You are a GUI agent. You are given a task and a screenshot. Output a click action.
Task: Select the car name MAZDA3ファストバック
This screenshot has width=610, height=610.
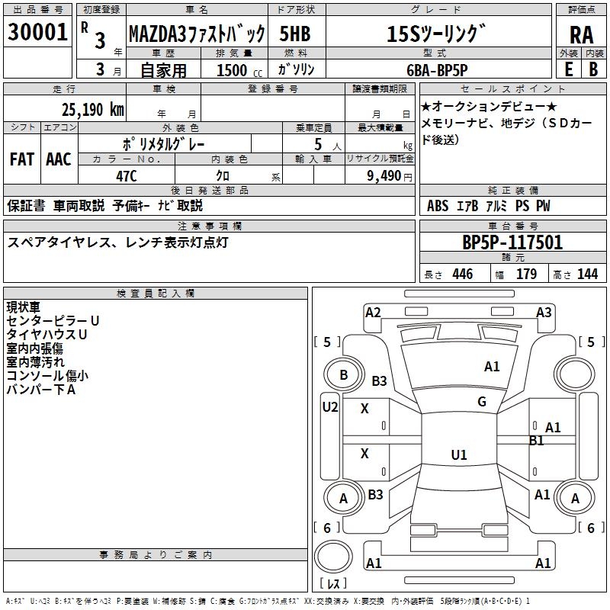click(197, 34)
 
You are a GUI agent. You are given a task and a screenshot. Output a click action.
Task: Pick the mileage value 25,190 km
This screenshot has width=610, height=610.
click(92, 109)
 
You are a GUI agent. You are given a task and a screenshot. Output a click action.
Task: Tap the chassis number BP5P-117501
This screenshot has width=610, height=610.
click(512, 242)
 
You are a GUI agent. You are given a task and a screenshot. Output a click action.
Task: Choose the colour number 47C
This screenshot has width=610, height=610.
click(126, 175)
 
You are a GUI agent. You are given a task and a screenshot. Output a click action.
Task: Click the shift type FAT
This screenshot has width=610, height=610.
click(21, 159)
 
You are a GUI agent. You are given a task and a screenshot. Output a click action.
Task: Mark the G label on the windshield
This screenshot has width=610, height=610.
click(481, 401)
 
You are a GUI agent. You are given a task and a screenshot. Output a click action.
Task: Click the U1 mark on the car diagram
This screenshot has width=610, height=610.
click(458, 455)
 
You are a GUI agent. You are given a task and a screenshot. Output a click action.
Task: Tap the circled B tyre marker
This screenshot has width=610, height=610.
click(343, 375)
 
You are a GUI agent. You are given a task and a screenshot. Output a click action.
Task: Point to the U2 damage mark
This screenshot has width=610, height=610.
click(329, 407)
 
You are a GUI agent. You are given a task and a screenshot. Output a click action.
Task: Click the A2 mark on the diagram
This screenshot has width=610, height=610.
click(373, 312)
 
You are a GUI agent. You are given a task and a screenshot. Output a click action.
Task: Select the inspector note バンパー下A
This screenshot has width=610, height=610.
click(40, 390)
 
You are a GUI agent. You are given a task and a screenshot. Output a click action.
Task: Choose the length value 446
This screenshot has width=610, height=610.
click(462, 274)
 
